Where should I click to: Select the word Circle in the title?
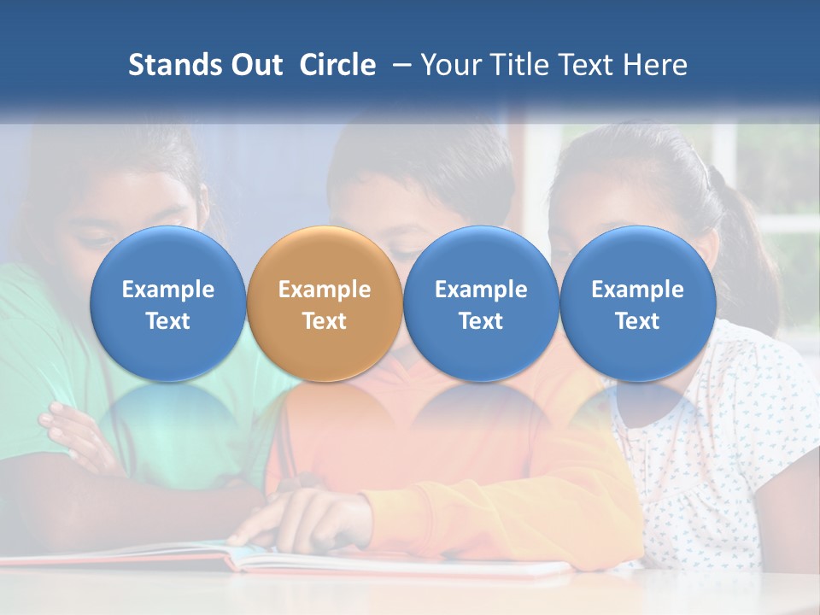click(337, 65)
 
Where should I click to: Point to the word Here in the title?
click(656, 65)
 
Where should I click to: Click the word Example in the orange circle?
click(325, 290)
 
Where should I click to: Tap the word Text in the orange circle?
click(325, 321)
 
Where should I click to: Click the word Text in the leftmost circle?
click(168, 321)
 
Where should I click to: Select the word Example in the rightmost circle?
click(638, 290)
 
